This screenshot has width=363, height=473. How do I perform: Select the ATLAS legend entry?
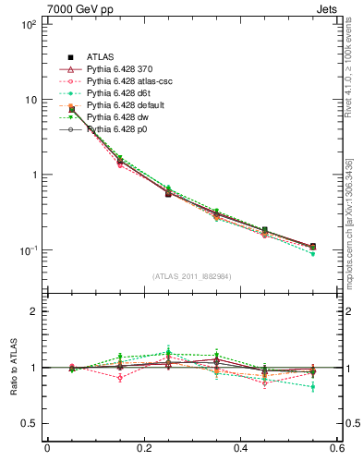click(101, 57)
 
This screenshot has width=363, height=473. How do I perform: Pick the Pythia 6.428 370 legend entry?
click(123, 69)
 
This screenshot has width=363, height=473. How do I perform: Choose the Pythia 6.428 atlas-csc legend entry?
click(130, 81)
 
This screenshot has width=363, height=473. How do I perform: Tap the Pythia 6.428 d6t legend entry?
click(123, 93)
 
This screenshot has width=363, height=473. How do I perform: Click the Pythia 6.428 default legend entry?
click(128, 105)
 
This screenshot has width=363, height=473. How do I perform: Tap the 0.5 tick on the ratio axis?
click(30, 423)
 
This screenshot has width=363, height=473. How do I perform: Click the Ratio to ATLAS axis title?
click(12, 368)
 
